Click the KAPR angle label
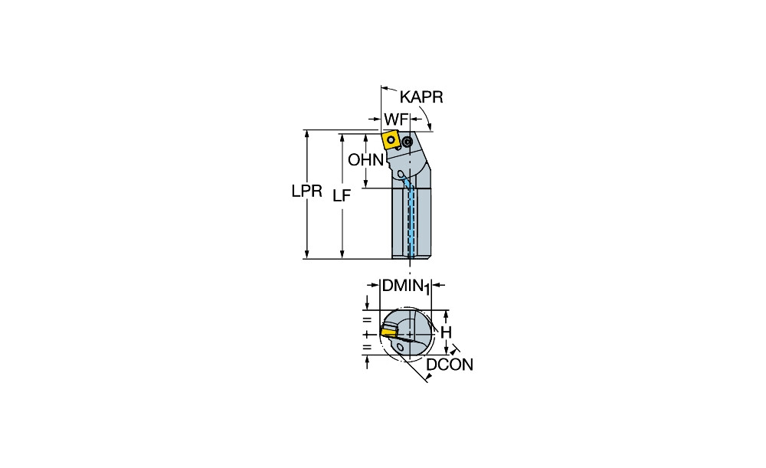coord(421,97)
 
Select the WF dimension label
coord(395,119)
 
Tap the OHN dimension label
coord(365,159)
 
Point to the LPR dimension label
coord(307,191)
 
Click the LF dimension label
coord(342,195)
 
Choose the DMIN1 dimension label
coord(405,286)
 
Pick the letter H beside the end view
coord(446,332)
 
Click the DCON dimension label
coord(450,365)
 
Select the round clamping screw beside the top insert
coord(408,142)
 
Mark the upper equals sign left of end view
coord(367,320)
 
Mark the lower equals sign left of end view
coord(367,348)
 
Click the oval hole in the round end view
coord(401,347)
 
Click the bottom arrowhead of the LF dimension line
coord(342,254)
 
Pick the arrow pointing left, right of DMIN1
coord(439,285)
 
